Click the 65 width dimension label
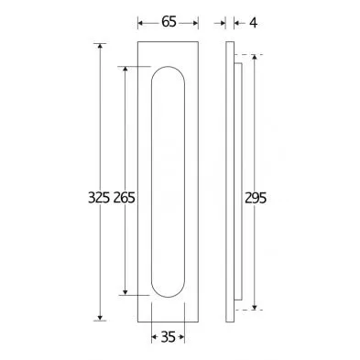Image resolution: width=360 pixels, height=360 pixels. (169, 22)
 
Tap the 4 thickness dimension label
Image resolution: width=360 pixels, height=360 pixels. (253, 23)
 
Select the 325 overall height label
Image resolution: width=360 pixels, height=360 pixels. (99, 198)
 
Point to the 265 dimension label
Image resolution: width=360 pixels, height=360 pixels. (125, 198)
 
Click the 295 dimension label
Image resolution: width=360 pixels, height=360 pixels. (256, 198)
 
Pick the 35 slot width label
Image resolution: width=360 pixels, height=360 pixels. (168, 337)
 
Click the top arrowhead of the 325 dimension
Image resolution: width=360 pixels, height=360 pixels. (100, 47)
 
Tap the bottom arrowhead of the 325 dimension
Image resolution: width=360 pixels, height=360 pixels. (100, 318)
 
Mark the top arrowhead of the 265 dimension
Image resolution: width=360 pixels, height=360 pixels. (125, 70)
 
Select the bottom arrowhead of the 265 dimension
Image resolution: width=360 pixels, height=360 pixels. (125, 292)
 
